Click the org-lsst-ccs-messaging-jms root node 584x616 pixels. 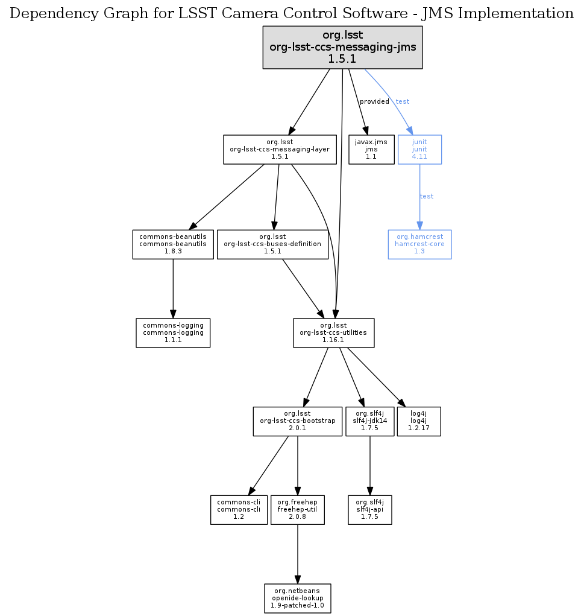[x=342, y=48]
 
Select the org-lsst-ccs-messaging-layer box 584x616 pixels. [x=280, y=149]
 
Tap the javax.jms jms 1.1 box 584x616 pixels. [x=371, y=149]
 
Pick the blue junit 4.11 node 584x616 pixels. [x=419, y=149]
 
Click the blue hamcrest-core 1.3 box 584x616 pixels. [x=419, y=244]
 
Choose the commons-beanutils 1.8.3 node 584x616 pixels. [x=173, y=244]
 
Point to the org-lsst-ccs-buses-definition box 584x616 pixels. [x=272, y=244]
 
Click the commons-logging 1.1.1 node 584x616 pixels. [x=173, y=332]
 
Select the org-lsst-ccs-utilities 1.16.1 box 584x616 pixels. [x=333, y=332]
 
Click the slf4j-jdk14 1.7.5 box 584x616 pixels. [x=369, y=421]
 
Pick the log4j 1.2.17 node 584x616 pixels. [x=419, y=421]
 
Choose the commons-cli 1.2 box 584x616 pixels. [x=239, y=510]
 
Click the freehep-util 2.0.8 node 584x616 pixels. [x=298, y=510]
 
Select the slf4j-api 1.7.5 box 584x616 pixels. [x=370, y=510]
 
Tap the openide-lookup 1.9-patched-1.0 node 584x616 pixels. [x=298, y=598]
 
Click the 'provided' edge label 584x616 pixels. [x=374, y=101]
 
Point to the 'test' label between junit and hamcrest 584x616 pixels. [x=427, y=196]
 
